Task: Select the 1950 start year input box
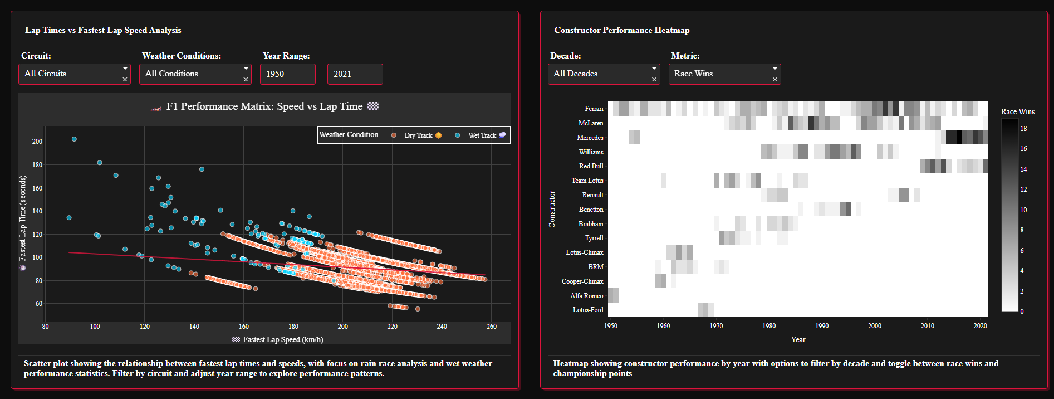(x=287, y=74)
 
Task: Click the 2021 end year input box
(x=355, y=74)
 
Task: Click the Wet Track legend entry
(x=482, y=135)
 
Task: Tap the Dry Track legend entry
(x=418, y=135)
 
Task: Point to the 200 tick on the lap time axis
(x=37, y=142)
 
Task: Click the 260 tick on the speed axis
(x=491, y=327)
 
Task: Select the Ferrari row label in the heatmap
(x=594, y=109)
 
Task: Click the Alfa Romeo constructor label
(x=586, y=296)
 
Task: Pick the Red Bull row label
(x=591, y=166)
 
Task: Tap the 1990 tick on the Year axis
(x=822, y=326)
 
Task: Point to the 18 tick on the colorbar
(x=1023, y=129)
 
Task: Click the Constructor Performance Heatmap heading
(x=621, y=30)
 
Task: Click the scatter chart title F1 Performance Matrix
(x=264, y=106)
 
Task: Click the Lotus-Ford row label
(x=588, y=310)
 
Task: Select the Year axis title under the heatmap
(x=798, y=339)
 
